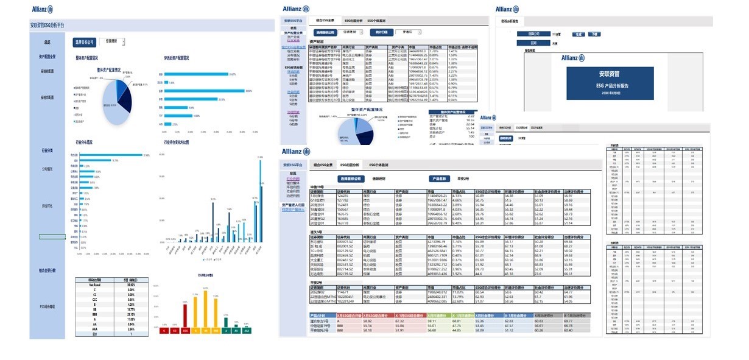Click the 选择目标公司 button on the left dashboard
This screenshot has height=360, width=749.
84,42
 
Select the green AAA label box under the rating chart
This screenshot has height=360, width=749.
246,331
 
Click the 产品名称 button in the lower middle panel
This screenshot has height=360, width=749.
439,179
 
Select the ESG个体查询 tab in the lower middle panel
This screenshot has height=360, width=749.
378,165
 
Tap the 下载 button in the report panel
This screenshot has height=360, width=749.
594,35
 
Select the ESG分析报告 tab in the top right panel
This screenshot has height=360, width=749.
510,21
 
